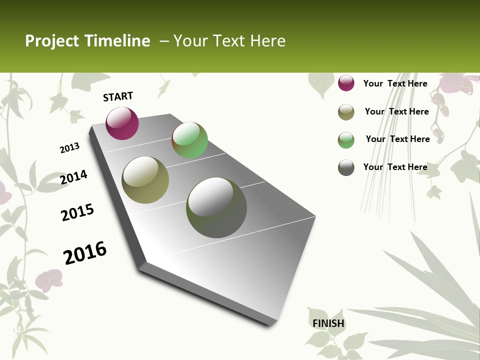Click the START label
tap(118, 96)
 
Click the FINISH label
tap(328, 323)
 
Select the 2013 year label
tap(69, 147)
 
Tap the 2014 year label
tap(73, 177)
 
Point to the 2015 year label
tap(77, 212)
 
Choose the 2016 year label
tap(85, 252)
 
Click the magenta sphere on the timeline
tap(122, 123)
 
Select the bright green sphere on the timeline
tap(189, 140)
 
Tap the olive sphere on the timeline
tap(145, 179)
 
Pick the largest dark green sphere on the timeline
tap(216, 207)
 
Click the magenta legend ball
tap(346, 83)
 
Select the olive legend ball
tap(346, 112)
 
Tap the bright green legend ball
tap(346, 140)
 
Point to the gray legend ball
tap(346, 167)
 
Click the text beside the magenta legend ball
tap(395, 83)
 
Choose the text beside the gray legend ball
tap(395, 167)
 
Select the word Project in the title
tap(52, 41)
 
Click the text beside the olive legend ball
tap(396, 111)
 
